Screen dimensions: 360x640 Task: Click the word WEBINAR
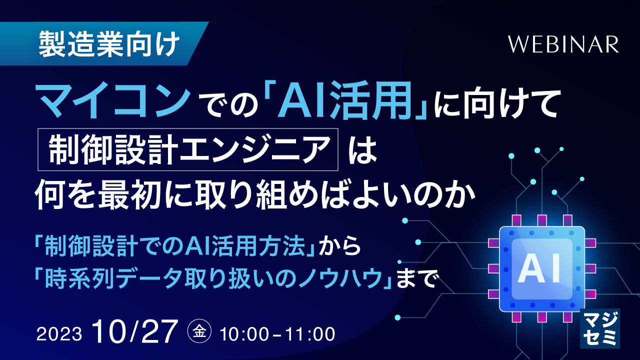(x=563, y=45)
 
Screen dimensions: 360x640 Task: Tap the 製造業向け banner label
(x=108, y=44)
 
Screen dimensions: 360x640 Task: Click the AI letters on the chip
(x=542, y=267)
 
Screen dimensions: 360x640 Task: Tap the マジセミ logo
(x=599, y=328)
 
